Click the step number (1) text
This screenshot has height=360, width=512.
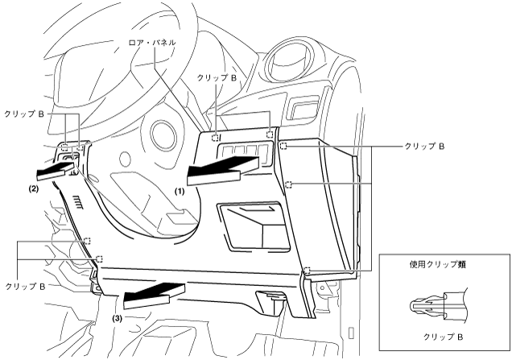(180, 193)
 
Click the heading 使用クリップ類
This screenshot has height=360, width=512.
(439, 264)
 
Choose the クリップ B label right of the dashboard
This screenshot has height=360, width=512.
(425, 147)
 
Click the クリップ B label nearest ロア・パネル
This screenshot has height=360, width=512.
(217, 77)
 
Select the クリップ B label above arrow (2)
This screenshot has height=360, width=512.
(26, 114)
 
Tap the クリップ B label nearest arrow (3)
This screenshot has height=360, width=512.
(26, 286)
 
